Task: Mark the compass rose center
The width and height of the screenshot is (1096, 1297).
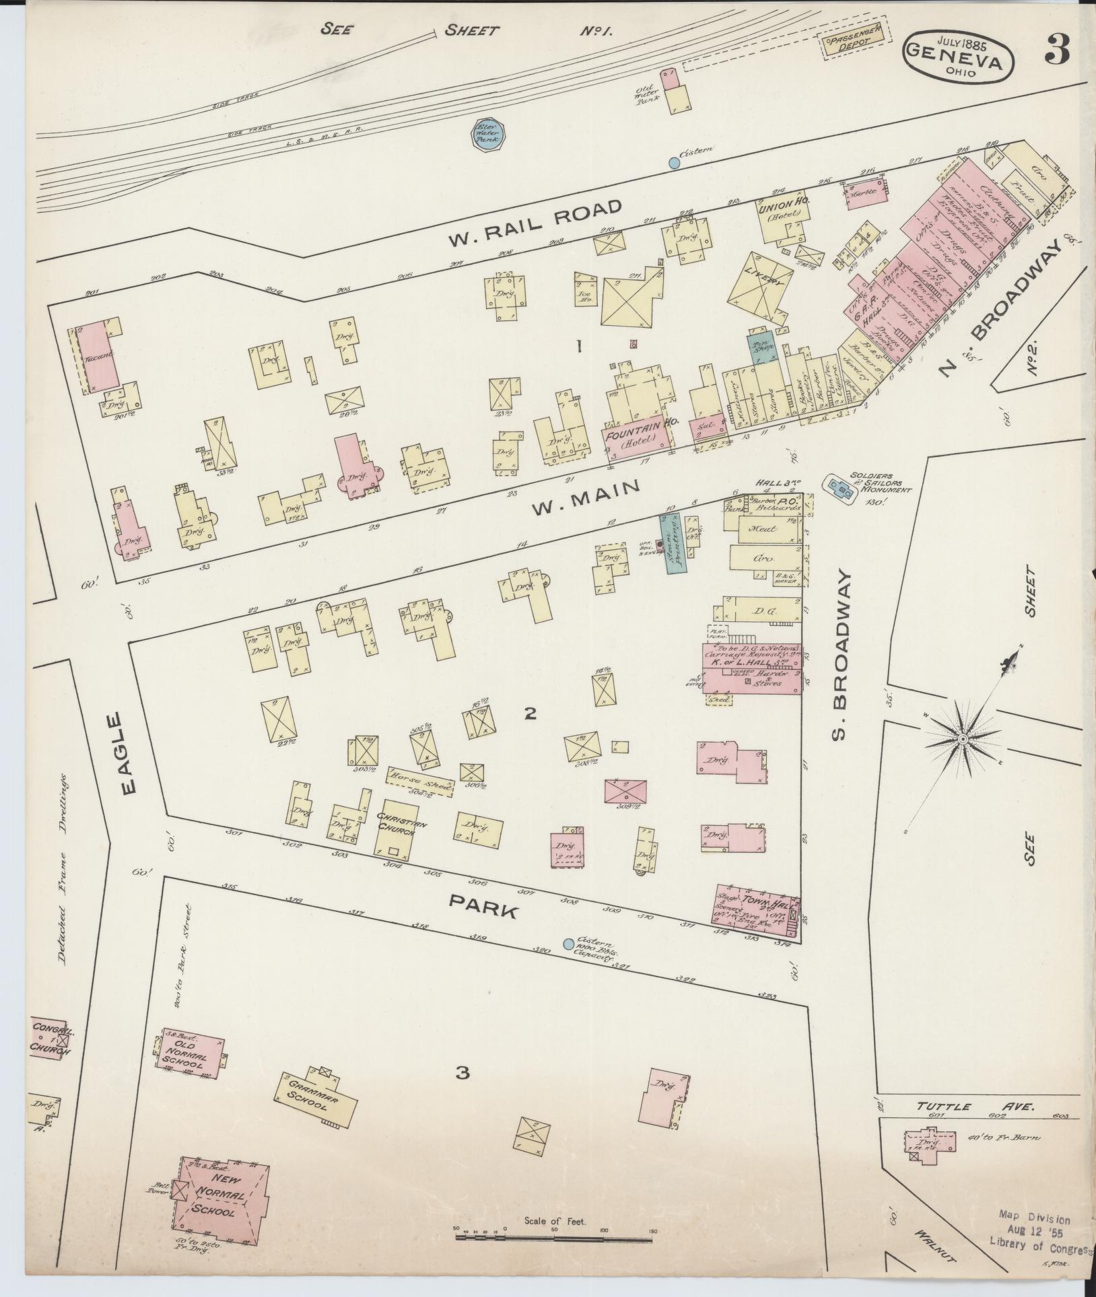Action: [x=963, y=739]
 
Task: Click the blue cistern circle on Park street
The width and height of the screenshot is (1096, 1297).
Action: [x=568, y=944]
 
